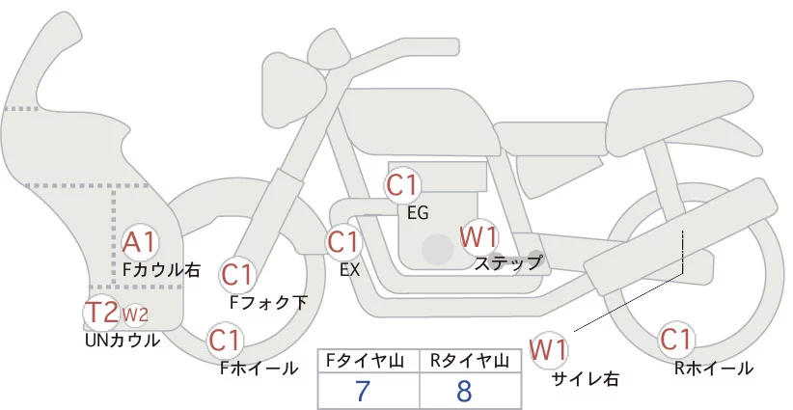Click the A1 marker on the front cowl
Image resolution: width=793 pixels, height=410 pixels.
tap(142, 241)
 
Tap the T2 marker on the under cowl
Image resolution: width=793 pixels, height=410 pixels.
tap(101, 313)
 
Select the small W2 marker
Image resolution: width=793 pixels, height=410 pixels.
tap(135, 314)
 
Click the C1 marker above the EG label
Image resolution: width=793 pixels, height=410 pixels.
tap(402, 184)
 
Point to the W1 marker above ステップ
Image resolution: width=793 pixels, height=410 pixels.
tap(479, 235)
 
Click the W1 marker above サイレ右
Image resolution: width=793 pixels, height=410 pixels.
tap(550, 347)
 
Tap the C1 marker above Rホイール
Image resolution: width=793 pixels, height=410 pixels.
tap(675, 341)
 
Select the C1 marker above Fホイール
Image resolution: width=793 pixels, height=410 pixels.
tap(226, 341)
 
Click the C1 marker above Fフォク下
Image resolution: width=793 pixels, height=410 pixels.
tap(237, 275)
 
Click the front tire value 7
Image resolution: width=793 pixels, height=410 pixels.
tap(363, 392)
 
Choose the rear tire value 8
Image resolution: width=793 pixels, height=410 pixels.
tap(464, 392)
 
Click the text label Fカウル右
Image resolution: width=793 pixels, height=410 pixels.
tap(162, 270)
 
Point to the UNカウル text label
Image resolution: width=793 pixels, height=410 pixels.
tap(123, 341)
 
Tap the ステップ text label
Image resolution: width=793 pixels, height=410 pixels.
tap(508, 262)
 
